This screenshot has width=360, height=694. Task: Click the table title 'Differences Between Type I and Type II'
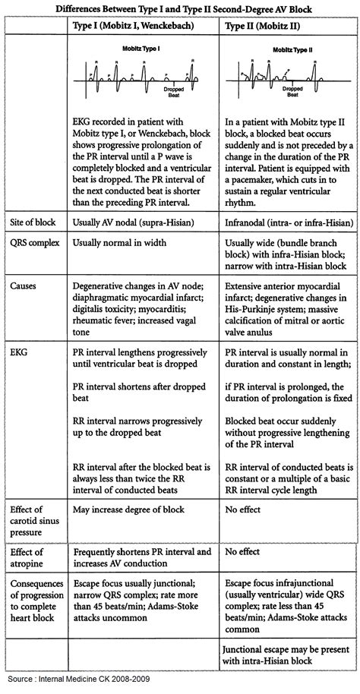point(180,8)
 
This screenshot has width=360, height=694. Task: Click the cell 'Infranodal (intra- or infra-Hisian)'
point(289,241)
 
